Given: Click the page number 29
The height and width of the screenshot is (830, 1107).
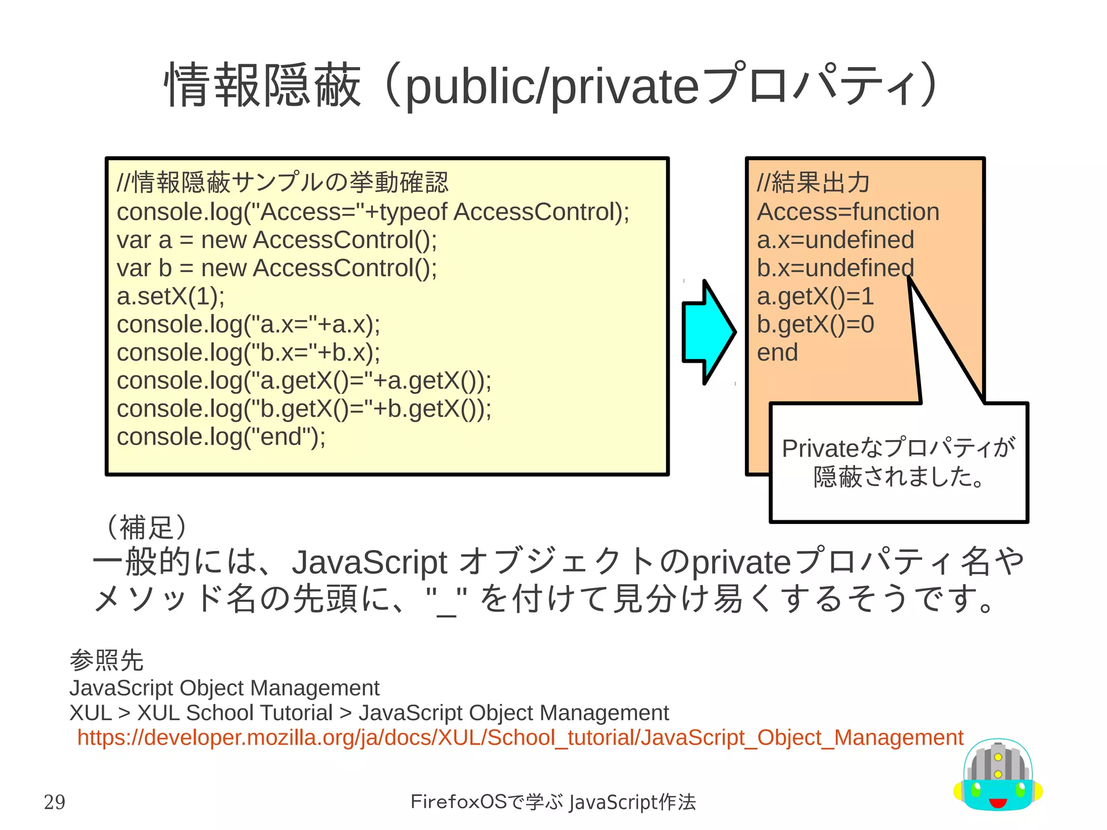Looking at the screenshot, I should coord(55,802).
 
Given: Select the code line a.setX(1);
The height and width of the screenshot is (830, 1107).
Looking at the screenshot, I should coord(171,296).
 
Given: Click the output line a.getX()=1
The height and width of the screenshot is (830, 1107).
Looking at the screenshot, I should coord(815,296).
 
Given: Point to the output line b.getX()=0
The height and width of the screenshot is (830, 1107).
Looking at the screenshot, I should coord(815,324).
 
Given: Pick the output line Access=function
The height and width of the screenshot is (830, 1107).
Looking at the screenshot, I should coord(848,212).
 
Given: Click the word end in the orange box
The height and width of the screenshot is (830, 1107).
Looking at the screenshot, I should coord(777,353).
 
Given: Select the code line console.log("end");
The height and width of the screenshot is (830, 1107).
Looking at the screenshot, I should coord(221,437).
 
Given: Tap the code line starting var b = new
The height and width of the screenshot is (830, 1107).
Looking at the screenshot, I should coord(277,268).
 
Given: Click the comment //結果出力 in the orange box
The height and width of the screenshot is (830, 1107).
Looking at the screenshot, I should coord(813,183).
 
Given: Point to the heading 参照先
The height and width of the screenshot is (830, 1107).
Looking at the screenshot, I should coord(106,660).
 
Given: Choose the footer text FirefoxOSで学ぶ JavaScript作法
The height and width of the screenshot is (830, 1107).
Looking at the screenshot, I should coord(553,802).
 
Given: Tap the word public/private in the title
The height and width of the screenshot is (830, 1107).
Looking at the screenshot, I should coord(551,87).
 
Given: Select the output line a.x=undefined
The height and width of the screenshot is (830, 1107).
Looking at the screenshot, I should coord(835,240).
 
